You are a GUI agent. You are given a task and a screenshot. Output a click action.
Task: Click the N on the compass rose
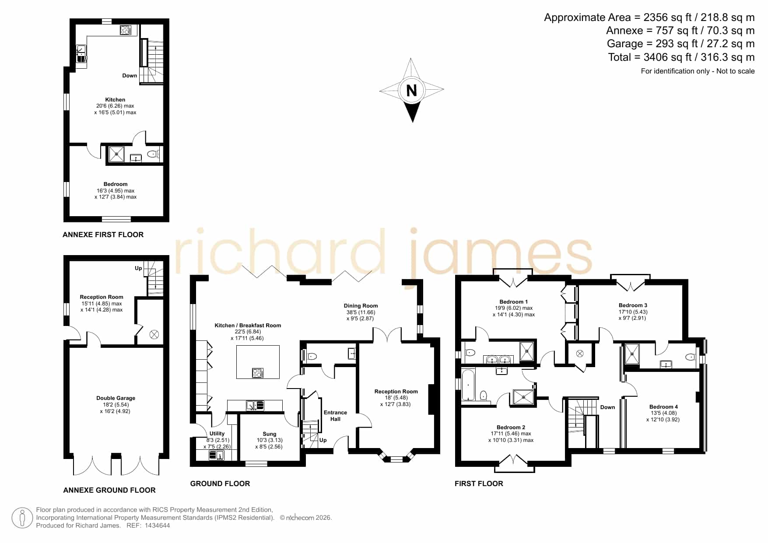(x=411, y=90)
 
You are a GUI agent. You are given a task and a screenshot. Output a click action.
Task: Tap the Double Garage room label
(x=116, y=398)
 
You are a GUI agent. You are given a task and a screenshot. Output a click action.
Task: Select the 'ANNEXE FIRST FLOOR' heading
(x=103, y=235)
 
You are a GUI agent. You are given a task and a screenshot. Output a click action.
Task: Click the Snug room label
(x=269, y=434)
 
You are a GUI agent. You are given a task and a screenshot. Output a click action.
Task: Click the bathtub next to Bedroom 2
(x=468, y=385)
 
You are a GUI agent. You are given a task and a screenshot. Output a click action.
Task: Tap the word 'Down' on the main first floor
(x=607, y=407)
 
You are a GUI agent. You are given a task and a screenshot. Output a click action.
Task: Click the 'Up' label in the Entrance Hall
(x=323, y=440)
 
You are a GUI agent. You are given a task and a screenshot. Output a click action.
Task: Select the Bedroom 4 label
(x=663, y=407)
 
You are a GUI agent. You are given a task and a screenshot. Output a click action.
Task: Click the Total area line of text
(x=681, y=57)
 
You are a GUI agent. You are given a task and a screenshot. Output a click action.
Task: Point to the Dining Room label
(x=361, y=306)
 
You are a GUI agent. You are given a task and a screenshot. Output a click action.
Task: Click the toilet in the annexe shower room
(x=153, y=154)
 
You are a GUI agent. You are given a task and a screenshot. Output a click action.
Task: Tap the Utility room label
(x=217, y=434)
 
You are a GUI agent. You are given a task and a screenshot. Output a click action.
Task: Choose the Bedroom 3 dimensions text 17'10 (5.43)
(x=633, y=312)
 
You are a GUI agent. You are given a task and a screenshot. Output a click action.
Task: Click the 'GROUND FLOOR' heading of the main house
(x=220, y=483)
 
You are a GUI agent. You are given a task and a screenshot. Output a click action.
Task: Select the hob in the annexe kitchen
(x=126, y=30)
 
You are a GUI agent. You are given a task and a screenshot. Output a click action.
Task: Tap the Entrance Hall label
(x=335, y=416)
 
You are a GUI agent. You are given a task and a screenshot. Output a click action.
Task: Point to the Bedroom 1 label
(x=513, y=302)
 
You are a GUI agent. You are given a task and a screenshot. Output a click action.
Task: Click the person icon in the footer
(x=22, y=518)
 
